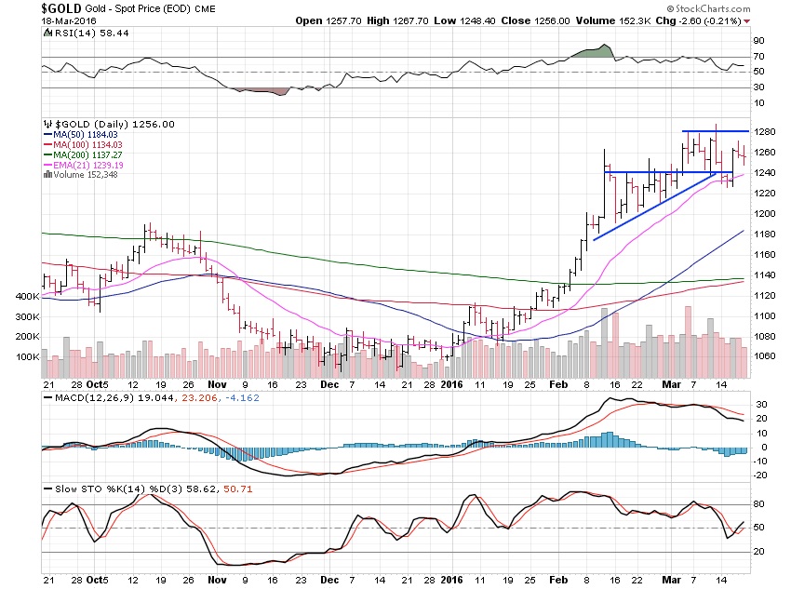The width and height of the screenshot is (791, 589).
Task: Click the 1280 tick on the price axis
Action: tap(765, 132)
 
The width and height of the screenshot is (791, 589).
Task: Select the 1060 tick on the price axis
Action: tap(765, 355)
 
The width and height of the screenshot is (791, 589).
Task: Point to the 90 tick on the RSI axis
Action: tap(759, 41)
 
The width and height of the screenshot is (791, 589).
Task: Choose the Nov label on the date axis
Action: tap(217, 382)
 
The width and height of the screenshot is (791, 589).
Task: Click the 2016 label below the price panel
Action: tap(452, 382)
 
